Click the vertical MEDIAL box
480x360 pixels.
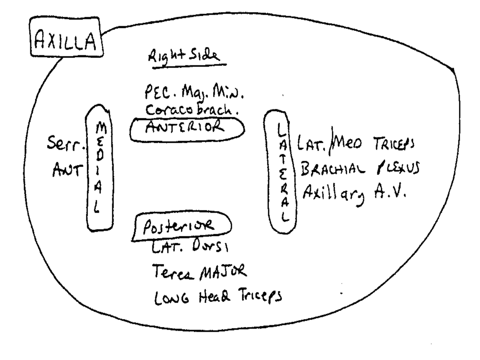click(x=99, y=168)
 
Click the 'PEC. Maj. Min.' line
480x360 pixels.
click(x=194, y=93)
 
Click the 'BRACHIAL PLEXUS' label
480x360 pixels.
click(x=360, y=168)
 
